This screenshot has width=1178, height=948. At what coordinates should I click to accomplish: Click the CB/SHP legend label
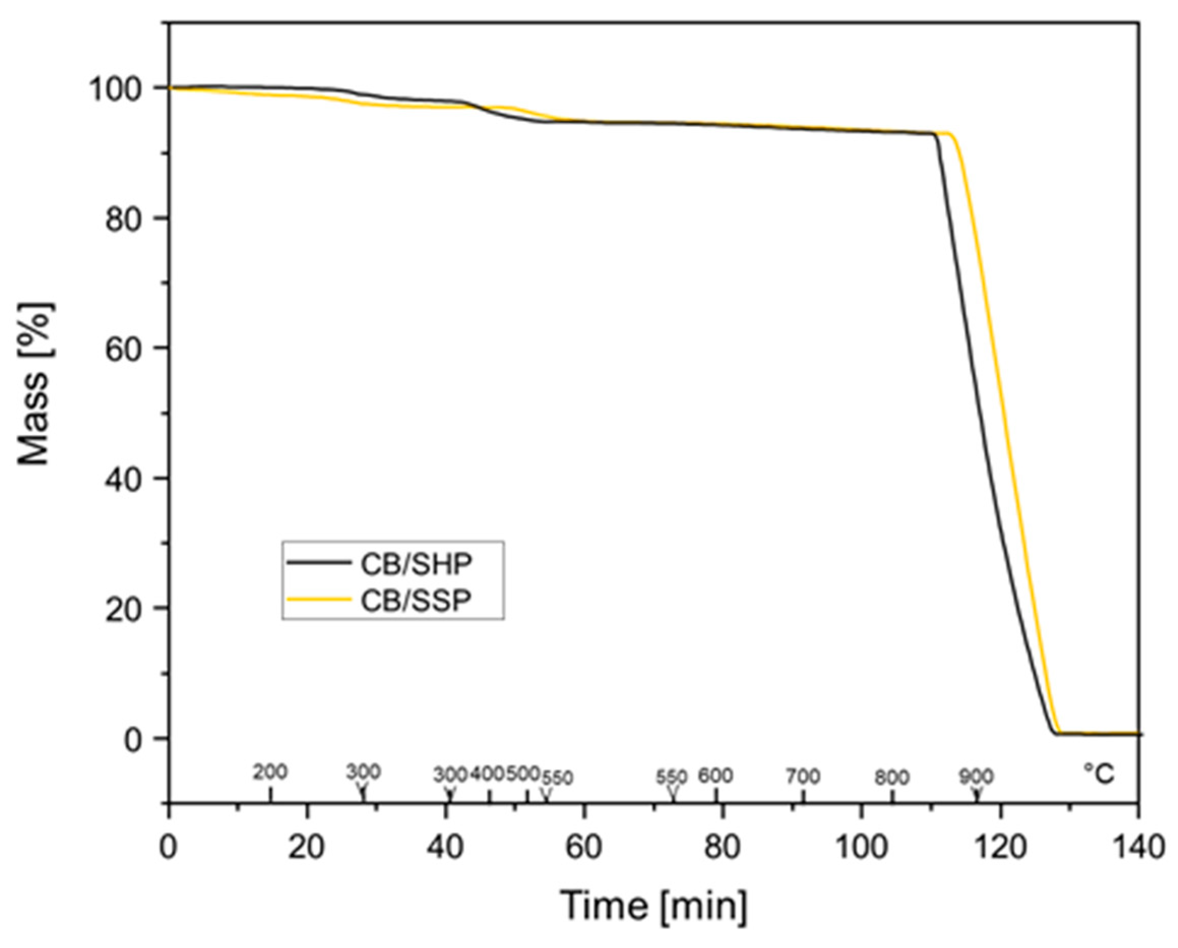(417, 565)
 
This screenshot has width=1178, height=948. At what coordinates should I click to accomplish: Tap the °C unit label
(1099, 774)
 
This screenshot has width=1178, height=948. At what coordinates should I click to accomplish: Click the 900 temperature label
(976, 776)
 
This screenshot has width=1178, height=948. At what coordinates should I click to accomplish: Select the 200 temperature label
(270, 773)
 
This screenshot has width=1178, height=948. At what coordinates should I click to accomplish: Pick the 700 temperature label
(803, 776)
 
